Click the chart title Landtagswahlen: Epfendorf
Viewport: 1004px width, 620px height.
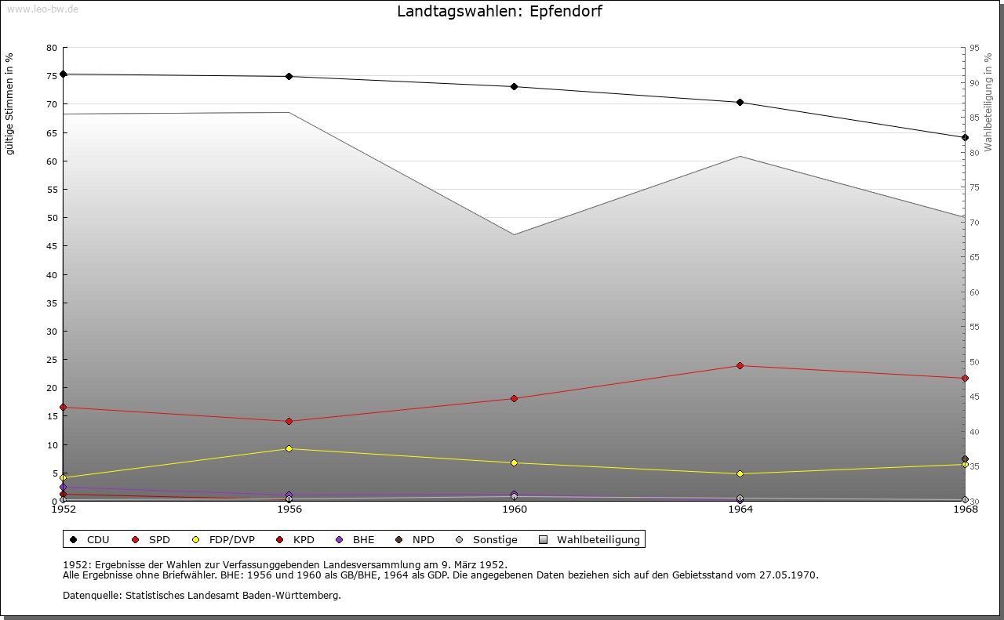pos(500,12)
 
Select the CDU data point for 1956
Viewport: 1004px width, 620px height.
pos(289,76)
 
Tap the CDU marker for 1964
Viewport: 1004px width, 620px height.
pos(740,102)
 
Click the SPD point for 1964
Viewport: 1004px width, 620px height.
pos(740,365)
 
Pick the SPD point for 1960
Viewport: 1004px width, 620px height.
pos(515,398)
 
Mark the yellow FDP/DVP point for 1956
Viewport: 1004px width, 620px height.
pos(289,448)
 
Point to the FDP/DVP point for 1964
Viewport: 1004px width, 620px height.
pos(740,473)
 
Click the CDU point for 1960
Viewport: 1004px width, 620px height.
pos(515,86)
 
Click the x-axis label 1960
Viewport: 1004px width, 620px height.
pos(515,509)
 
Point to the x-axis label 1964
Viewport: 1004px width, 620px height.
pos(740,509)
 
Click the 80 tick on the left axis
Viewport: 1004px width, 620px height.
pos(52,48)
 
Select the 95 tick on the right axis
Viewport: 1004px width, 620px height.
pos(975,48)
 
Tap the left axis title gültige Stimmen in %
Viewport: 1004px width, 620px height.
pos(10,103)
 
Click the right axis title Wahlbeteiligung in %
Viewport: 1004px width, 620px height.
pos(988,102)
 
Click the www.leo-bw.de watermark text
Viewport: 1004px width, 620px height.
pos(42,9)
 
